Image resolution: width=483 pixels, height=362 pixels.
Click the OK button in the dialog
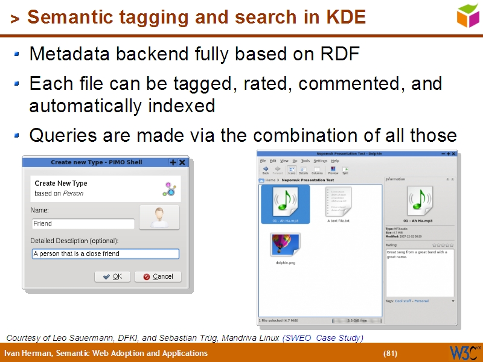(x=112, y=276)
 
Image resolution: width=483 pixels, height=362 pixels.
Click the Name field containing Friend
(x=83, y=224)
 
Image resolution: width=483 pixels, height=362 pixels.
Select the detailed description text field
(x=105, y=254)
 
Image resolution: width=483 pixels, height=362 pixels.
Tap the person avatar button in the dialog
(x=159, y=217)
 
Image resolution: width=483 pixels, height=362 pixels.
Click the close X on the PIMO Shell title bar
(x=182, y=162)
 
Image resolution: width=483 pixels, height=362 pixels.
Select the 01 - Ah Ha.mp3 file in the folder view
(x=285, y=204)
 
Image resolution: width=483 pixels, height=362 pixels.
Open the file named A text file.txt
(x=338, y=204)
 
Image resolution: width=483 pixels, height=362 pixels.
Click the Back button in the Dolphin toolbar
(x=266, y=170)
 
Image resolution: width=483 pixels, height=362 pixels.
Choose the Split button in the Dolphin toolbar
(x=345, y=170)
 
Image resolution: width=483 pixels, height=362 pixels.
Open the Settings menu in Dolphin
(x=321, y=161)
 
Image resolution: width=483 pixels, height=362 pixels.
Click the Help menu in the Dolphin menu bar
(x=335, y=161)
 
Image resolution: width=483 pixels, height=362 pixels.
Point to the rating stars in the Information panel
(x=442, y=246)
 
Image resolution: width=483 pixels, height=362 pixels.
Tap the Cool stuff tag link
(x=403, y=300)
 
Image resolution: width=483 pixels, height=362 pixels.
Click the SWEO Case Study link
(x=323, y=338)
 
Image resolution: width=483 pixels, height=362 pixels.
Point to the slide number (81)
(x=391, y=353)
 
